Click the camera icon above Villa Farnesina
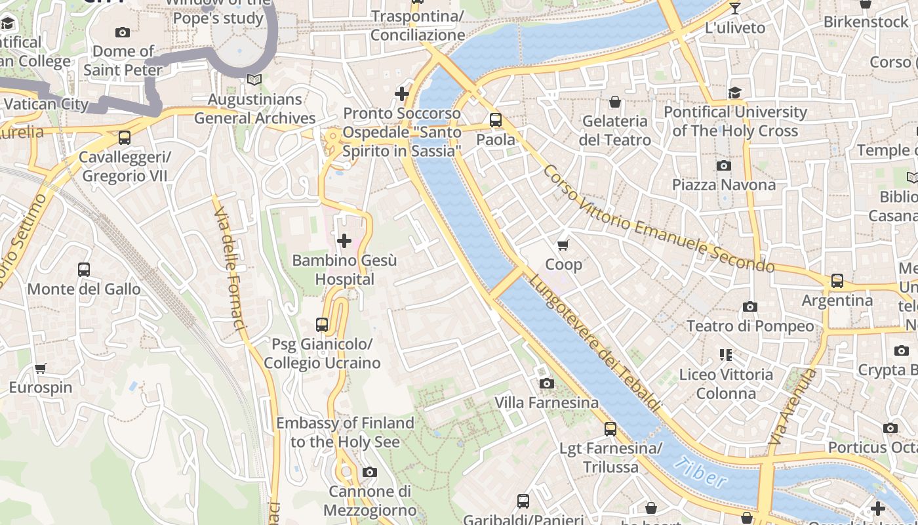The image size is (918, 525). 546,383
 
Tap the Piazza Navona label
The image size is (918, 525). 723,184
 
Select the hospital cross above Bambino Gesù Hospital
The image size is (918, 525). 344,241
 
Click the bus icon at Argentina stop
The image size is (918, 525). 837,281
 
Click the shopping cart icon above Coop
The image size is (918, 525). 563,245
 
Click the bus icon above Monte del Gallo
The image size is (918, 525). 84,269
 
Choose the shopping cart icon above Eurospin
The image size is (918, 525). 41,368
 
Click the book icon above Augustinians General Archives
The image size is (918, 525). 254,80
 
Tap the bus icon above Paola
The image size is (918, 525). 496,120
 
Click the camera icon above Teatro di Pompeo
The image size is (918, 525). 750,306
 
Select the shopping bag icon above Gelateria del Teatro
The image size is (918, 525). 615,102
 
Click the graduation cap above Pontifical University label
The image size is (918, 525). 734,93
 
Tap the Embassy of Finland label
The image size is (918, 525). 345,432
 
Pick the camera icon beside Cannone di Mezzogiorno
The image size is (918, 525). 370,472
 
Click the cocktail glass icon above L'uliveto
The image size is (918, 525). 734,9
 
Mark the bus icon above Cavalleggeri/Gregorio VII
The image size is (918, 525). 125,138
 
